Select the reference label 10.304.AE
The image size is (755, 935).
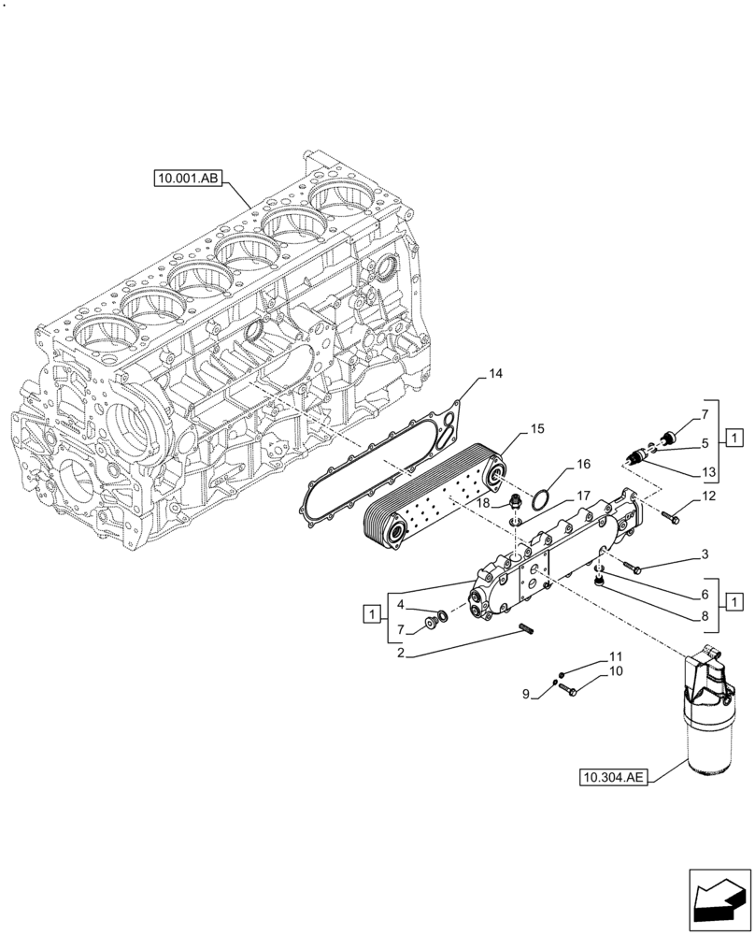coord(611,776)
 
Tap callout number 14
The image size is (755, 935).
coord(495,374)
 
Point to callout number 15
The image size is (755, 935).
coord(537,428)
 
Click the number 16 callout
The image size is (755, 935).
coord(583,464)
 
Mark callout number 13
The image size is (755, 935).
coord(706,470)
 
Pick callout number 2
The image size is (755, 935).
coord(399,654)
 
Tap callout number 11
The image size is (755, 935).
coord(615,656)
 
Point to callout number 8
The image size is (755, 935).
coord(706,615)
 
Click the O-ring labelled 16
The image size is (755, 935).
coord(535,501)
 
